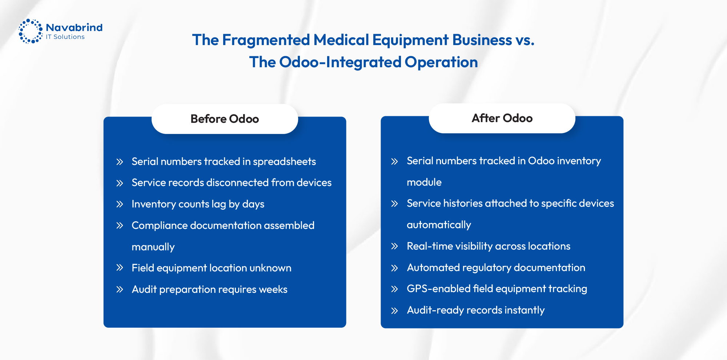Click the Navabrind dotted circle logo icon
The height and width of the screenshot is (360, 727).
click(31, 31)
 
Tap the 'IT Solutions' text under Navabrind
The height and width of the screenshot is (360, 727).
click(65, 37)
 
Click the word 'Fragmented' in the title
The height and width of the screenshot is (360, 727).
click(266, 40)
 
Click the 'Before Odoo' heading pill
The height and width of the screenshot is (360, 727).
click(225, 119)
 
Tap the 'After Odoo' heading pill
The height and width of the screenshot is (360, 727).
click(502, 118)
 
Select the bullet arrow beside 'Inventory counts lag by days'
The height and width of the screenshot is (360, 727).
click(120, 204)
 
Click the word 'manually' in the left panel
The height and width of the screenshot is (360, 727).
click(153, 247)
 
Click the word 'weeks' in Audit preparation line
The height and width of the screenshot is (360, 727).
click(273, 290)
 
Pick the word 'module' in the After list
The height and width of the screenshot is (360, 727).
click(424, 182)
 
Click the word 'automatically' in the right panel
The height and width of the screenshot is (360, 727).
click(439, 225)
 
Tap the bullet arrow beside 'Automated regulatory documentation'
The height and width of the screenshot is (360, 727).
click(394, 268)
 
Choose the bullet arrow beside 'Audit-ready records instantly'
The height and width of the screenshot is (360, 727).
click(394, 311)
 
